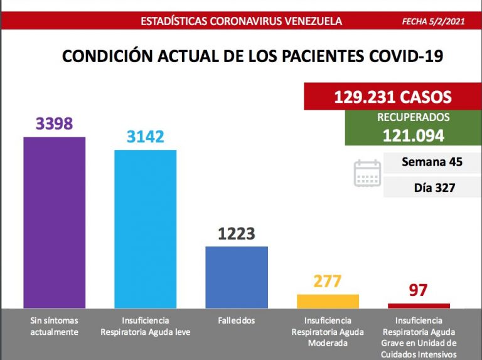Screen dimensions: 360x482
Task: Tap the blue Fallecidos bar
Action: pyautogui.click(x=237, y=277)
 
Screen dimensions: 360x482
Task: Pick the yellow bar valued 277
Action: pyautogui.click(x=328, y=301)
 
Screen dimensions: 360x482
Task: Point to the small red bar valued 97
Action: pyautogui.click(x=419, y=305)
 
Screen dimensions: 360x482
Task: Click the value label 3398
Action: pyautogui.click(x=54, y=124)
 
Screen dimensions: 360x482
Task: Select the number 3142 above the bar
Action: pyautogui.click(x=145, y=137)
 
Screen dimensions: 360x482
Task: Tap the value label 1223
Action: pyautogui.click(x=237, y=234)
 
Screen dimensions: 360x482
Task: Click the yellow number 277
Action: pyautogui.click(x=328, y=282)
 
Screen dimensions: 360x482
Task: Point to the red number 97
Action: pyautogui.click(x=418, y=290)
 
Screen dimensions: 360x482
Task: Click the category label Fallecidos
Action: pyautogui.click(x=237, y=320)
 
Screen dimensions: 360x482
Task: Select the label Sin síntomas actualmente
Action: pyautogui.click(x=54, y=326)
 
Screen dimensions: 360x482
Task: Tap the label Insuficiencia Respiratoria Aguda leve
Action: pyautogui.click(x=145, y=326)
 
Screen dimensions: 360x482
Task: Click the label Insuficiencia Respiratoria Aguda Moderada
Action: pyautogui.click(x=328, y=332)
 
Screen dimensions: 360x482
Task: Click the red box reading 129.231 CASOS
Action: pyautogui.click(x=392, y=97)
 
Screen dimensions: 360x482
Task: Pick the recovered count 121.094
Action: pyautogui.click(x=413, y=135)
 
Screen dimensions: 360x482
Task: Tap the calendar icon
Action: pyautogui.click(x=367, y=173)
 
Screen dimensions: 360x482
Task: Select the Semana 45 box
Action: pyautogui.click(x=432, y=162)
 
